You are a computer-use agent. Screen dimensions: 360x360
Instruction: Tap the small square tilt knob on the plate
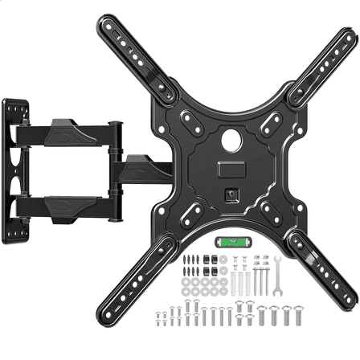(231, 193)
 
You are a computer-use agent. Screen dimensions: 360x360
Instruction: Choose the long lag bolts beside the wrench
(259, 281)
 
